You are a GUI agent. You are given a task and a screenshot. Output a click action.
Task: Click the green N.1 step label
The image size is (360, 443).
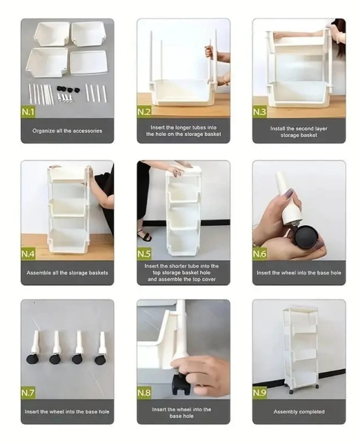tap(28, 112)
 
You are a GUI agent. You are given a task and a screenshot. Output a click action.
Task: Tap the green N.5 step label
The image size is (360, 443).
tap(144, 254)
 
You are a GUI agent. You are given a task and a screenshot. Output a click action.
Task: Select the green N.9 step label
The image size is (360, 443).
tap(259, 393)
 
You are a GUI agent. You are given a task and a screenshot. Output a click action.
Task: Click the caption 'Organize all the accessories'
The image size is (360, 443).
tap(67, 131)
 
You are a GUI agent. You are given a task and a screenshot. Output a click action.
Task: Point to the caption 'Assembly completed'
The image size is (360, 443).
tap(299, 412)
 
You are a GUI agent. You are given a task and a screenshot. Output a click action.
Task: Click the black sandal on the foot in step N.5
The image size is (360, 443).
tap(145, 236)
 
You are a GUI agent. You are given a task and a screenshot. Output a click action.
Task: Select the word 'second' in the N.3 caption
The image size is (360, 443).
tap(305, 129)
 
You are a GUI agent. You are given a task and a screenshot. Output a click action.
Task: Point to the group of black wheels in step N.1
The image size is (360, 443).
tap(68, 89)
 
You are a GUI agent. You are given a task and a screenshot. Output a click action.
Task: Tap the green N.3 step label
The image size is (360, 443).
tap(259, 112)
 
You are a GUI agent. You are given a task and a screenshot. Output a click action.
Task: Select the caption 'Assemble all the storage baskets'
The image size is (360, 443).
tap(67, 273)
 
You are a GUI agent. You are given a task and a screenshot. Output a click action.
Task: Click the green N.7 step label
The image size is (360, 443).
tap(28, 393)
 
